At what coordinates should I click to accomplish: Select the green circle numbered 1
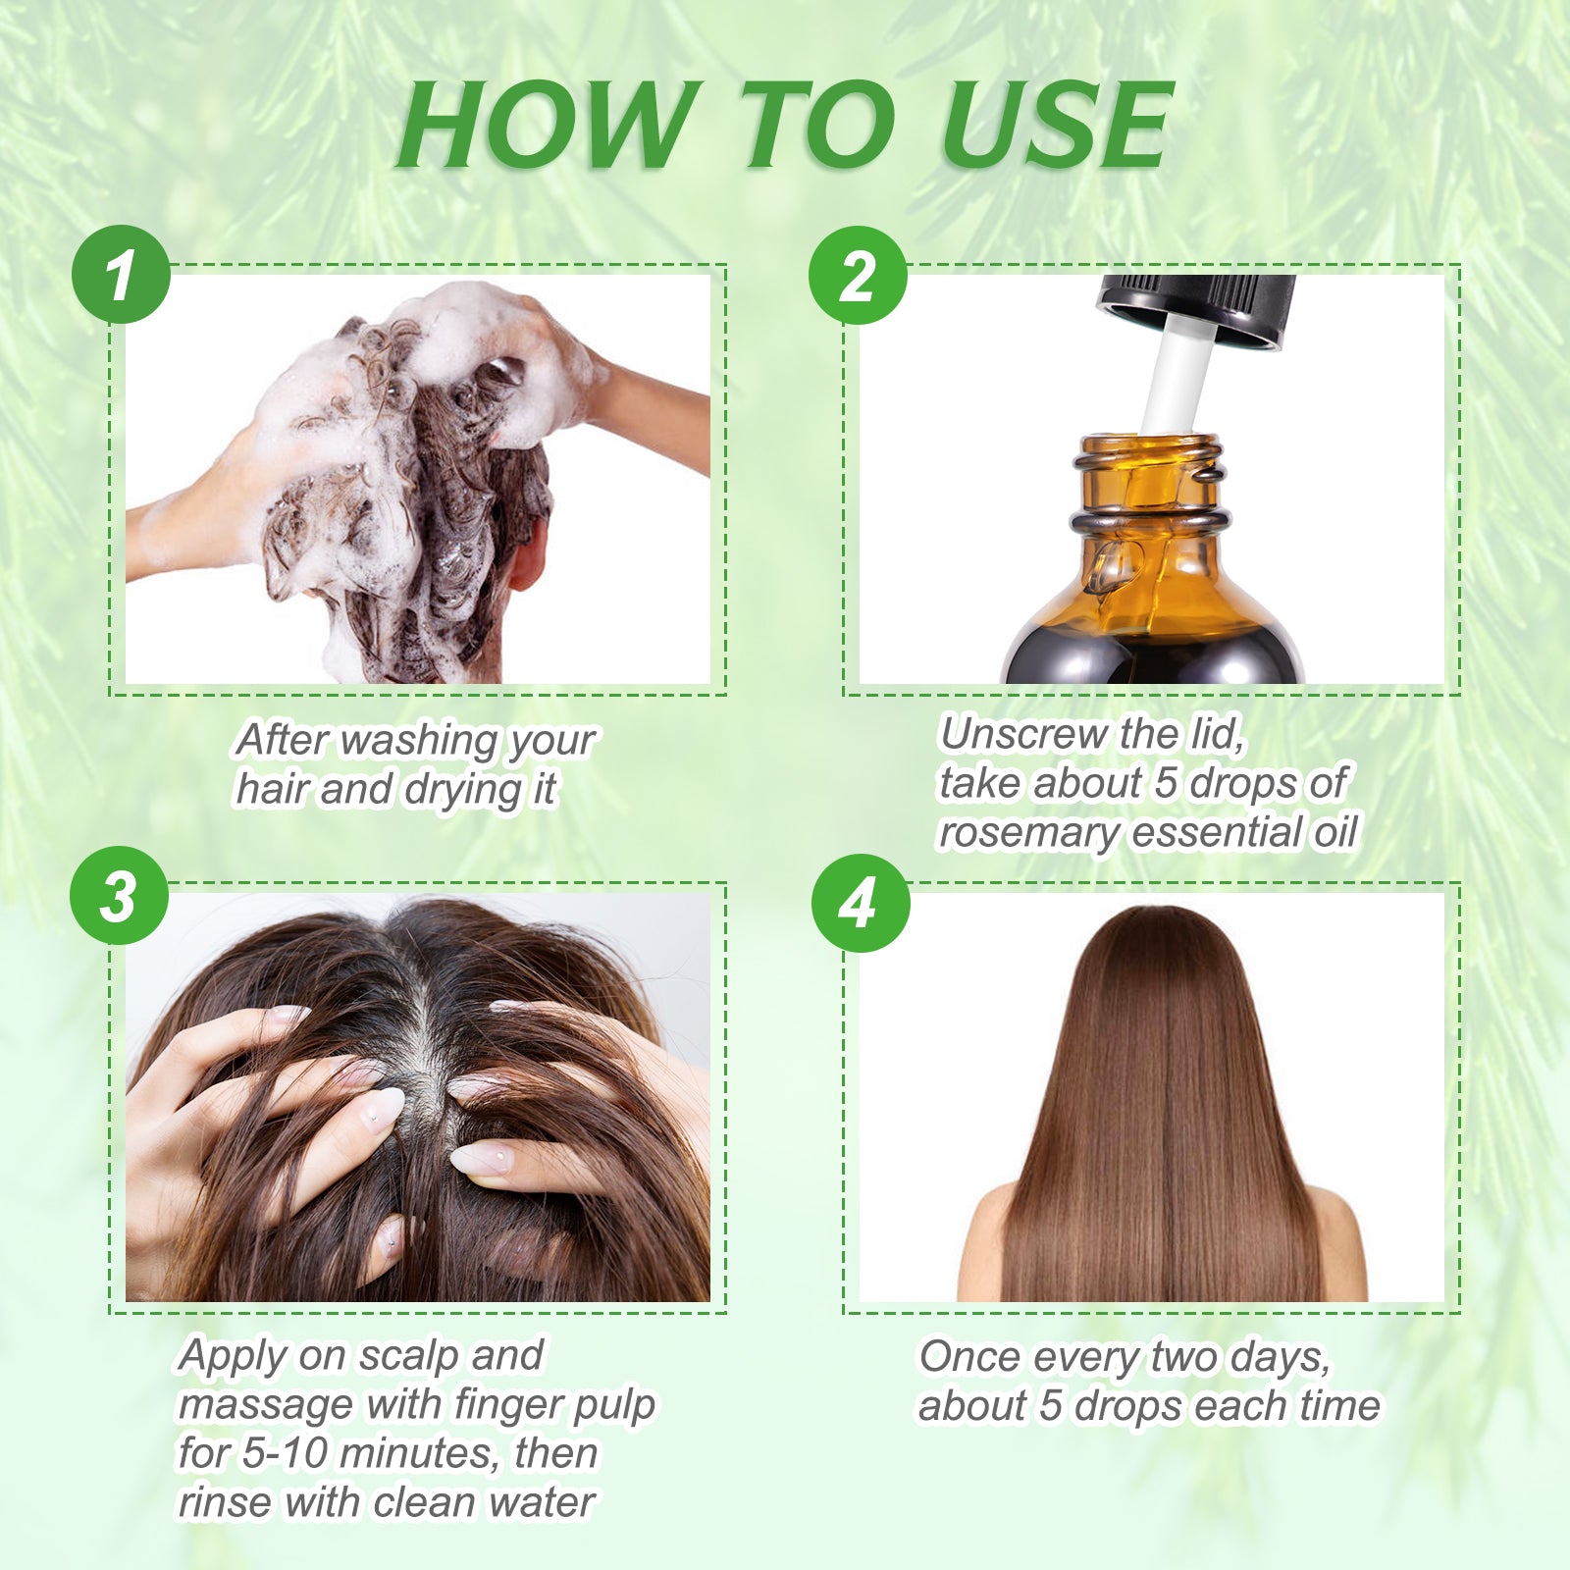pos(121,275)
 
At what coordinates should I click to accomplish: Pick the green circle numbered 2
pos(858,276)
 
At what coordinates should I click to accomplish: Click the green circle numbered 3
pos(119,896)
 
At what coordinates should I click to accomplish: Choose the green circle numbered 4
pos(860,903)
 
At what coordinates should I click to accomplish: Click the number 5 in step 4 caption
pos(1050,1406)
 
